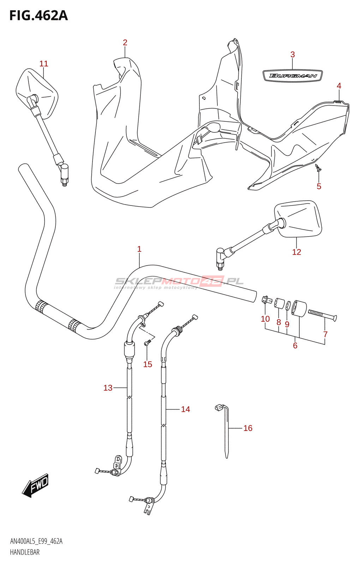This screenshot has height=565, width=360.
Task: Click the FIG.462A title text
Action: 38,16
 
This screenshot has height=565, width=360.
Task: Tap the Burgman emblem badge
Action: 293,76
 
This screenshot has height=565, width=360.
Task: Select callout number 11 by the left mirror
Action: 44,64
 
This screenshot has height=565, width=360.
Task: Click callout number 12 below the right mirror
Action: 296,252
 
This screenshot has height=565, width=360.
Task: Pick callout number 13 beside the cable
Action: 108,388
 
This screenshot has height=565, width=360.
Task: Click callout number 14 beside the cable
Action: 185,409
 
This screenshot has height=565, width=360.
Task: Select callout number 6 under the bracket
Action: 295,345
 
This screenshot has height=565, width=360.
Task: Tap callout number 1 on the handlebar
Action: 139,249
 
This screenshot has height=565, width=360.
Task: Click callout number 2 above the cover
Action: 125,43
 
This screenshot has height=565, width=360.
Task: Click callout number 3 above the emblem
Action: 293,54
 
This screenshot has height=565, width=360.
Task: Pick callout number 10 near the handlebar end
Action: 265,319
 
